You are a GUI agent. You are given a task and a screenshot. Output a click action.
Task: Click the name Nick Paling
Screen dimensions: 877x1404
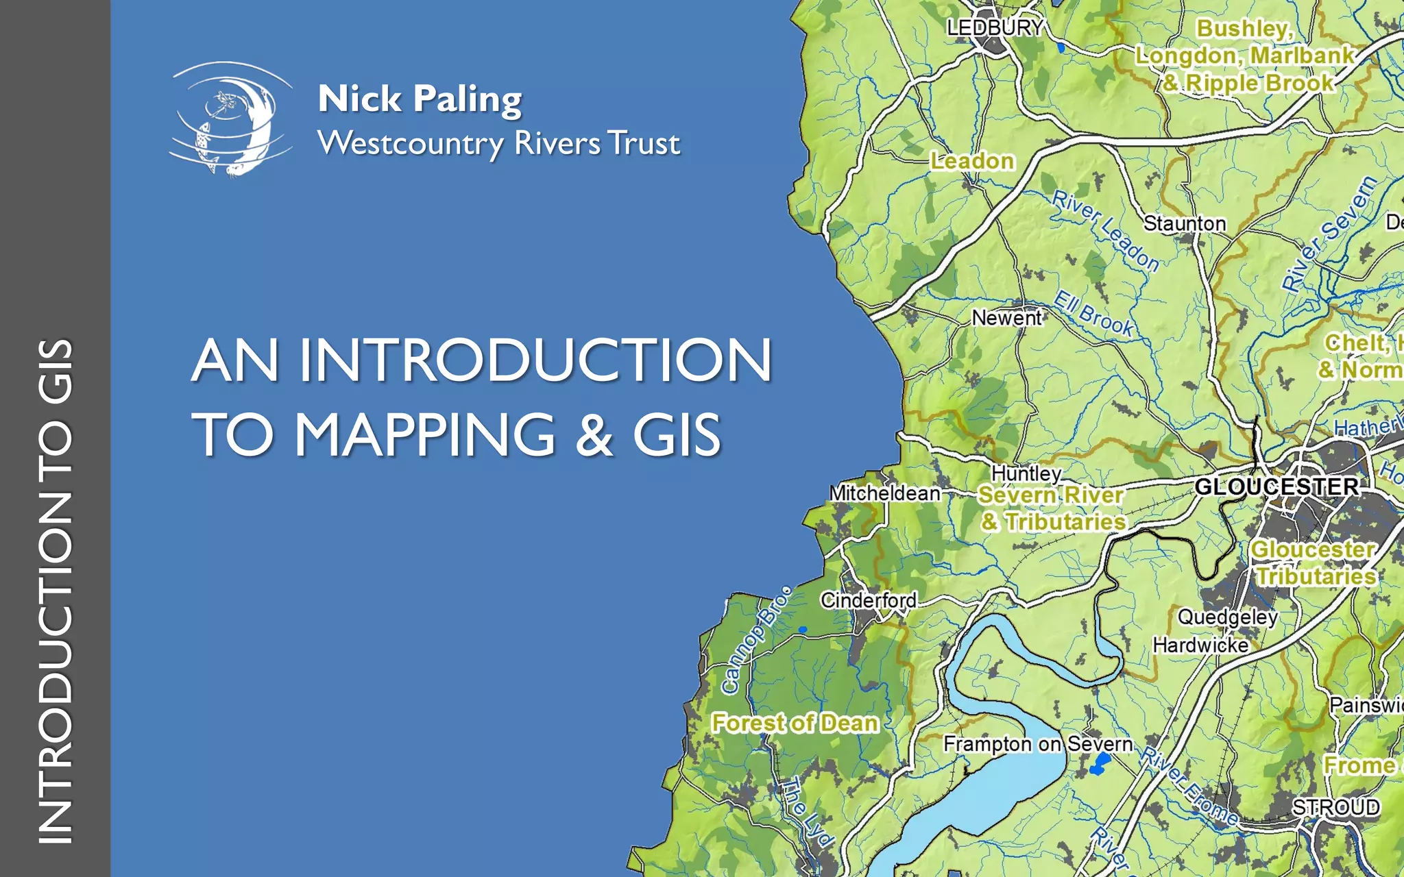(x=420, y=99)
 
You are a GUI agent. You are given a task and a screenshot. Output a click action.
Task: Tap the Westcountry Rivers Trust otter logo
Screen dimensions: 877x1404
(x=232, y=119)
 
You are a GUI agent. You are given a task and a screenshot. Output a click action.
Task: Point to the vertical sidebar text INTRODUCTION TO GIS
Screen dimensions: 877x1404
(x=55, y=591)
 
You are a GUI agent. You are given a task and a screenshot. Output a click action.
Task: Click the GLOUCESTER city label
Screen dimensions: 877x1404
(x=1276, y=486)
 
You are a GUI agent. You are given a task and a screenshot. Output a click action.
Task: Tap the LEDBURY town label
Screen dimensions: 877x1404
(x=995, y=27)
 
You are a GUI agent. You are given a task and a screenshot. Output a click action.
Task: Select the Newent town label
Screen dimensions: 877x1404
(x=1006, y=318)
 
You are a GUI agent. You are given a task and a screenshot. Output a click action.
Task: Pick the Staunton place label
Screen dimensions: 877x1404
(x=1184, y=223)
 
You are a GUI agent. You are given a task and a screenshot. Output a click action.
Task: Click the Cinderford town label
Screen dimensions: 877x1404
(x=869, y=600)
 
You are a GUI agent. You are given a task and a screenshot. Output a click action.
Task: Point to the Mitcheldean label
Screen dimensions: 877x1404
(x=884, y=493)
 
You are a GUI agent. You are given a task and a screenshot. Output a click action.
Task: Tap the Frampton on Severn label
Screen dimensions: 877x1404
(x=1038, y=743)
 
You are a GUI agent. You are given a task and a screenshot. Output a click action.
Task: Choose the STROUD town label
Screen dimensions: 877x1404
(x=1335, y=807)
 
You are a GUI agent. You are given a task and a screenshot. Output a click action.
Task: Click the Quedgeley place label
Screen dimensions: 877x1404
(x=1227, y=617)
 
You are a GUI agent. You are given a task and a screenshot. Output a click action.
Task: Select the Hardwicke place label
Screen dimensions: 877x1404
(x=1200, y=645)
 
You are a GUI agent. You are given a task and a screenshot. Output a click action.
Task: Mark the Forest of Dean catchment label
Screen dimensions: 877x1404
(x=795, y=723)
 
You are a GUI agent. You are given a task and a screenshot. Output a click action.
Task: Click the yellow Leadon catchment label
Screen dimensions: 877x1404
(x=972, y=161)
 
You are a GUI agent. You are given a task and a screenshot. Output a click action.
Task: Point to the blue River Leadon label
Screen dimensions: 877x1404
(x=1105, y=231)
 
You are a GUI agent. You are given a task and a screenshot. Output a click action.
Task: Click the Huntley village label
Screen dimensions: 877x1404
(x=1026, y=473)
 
